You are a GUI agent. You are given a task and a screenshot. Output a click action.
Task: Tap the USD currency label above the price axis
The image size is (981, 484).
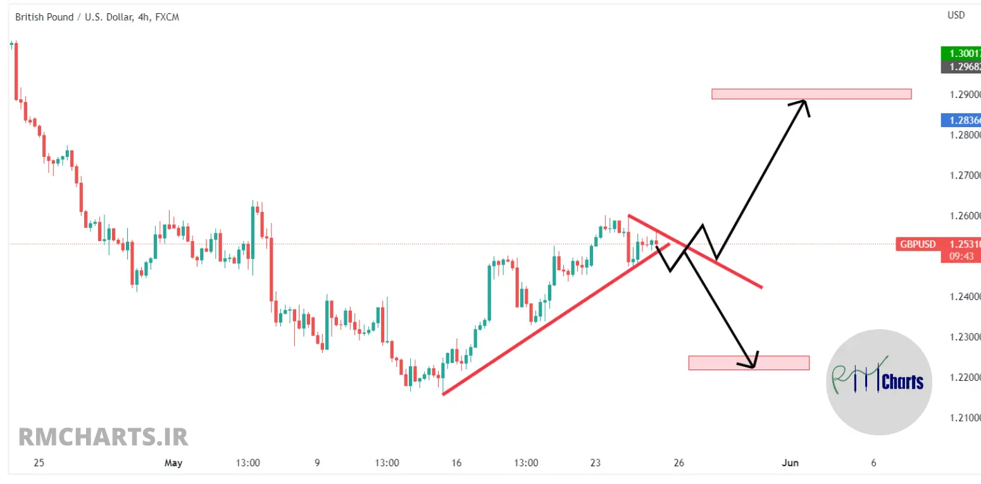coord(956,15)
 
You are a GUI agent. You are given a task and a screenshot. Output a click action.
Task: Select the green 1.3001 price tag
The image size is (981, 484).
coord(961,54)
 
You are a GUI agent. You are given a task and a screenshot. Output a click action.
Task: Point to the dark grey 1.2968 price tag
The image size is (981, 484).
coord(961,66)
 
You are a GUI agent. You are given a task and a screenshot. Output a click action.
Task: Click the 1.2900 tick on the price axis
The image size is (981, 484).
coord(965,94)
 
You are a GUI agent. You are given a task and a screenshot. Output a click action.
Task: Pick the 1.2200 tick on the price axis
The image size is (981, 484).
coord(965,378)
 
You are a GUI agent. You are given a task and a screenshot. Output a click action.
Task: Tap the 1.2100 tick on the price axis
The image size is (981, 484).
coord(965,418)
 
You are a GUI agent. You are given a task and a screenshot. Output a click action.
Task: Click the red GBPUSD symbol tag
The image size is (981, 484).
coord(918,244)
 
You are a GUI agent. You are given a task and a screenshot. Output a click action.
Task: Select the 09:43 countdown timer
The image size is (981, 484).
coord(961,256)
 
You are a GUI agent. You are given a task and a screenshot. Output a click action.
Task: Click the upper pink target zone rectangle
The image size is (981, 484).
coord(811,94)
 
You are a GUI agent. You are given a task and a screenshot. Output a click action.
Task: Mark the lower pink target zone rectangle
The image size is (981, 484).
coord(749,363)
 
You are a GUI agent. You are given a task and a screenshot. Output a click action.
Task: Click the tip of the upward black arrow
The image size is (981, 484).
coord(806,101)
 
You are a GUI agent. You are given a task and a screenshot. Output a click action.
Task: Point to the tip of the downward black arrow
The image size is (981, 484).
coord(753,367)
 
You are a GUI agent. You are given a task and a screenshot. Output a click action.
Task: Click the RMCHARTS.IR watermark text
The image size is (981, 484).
coord(103,437)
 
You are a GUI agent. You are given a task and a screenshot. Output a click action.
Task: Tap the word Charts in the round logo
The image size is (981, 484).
coord(903,382)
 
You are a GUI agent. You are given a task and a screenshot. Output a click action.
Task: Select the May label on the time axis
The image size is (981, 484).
coord(173,463)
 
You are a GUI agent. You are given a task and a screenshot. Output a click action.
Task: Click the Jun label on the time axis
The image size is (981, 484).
coord(789,463)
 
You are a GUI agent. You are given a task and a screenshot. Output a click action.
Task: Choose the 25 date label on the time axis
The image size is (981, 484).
coord(39,463)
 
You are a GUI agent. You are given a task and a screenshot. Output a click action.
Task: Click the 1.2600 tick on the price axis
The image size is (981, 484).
coord(965,216)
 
